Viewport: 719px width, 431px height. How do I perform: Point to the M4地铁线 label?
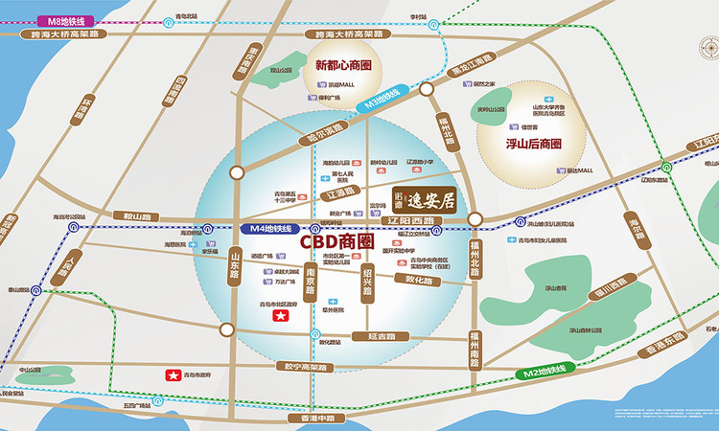(x=268, y=229)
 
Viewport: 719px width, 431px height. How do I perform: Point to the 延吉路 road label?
(x=387, y=336)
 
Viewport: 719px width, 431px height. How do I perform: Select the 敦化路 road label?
(x=420, y=281)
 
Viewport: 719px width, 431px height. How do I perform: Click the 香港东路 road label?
(x=664, y=345)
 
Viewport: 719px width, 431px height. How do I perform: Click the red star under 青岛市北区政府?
(x=283, y=315)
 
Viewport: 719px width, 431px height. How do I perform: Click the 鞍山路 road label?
(x=140, y=217)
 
